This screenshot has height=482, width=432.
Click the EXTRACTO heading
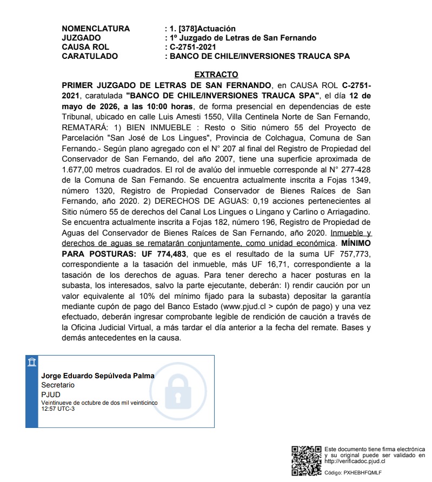pyautogui.click(x=216, y=75)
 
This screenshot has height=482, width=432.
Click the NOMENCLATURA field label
pyautogui.click(x=96, y=29)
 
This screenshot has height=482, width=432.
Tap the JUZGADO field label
pyautogui.click(x=81, y=38)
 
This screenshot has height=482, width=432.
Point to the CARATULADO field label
pyautogui.click(x=90, y=56)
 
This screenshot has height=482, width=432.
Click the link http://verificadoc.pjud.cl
pyautogui.click(x=355, y=461)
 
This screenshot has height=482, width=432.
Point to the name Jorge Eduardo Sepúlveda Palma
pyautogui.click(x=98, y=376)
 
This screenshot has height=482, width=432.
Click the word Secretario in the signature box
pyautogui.click(x=58, y=385)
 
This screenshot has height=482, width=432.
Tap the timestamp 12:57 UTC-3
pyautogui.click(x=58, y=409)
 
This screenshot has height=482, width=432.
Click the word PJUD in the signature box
pyautogui.click(x=51, y=394)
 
